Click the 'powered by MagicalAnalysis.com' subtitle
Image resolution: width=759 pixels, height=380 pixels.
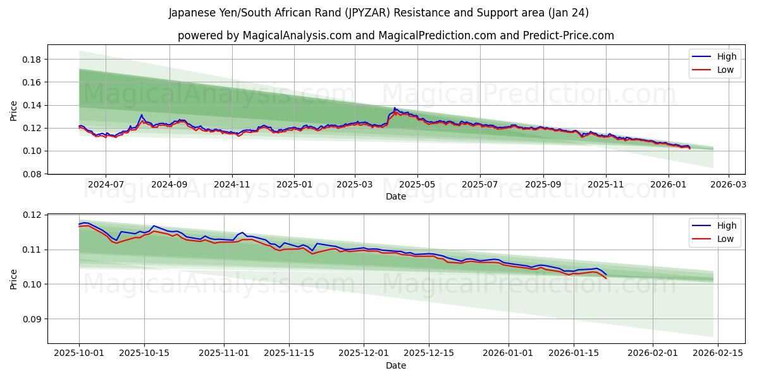click(x=395, y=35)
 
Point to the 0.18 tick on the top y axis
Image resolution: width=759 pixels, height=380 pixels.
click(x=32, y=60)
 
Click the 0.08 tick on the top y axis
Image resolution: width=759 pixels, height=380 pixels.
click(x=32, y=174)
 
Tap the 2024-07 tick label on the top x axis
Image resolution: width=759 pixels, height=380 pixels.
click(x=105, y=184)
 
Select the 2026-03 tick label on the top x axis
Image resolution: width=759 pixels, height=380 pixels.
click(x=729, y=184)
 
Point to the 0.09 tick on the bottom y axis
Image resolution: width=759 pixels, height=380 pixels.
click(x=32, y=319)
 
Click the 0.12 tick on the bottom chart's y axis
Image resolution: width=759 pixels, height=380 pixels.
click(x=32, y=215)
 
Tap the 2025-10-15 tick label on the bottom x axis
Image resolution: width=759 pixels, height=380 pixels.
click(x=145, y=353)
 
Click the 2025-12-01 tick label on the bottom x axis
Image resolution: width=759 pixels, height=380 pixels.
click(x=364, y=353)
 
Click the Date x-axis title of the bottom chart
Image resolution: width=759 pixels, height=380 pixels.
click(x=395, y=365)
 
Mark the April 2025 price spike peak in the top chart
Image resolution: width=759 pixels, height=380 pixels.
click(x=395, y=108)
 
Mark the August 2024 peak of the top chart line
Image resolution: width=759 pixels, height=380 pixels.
click(x=142, y=115)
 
